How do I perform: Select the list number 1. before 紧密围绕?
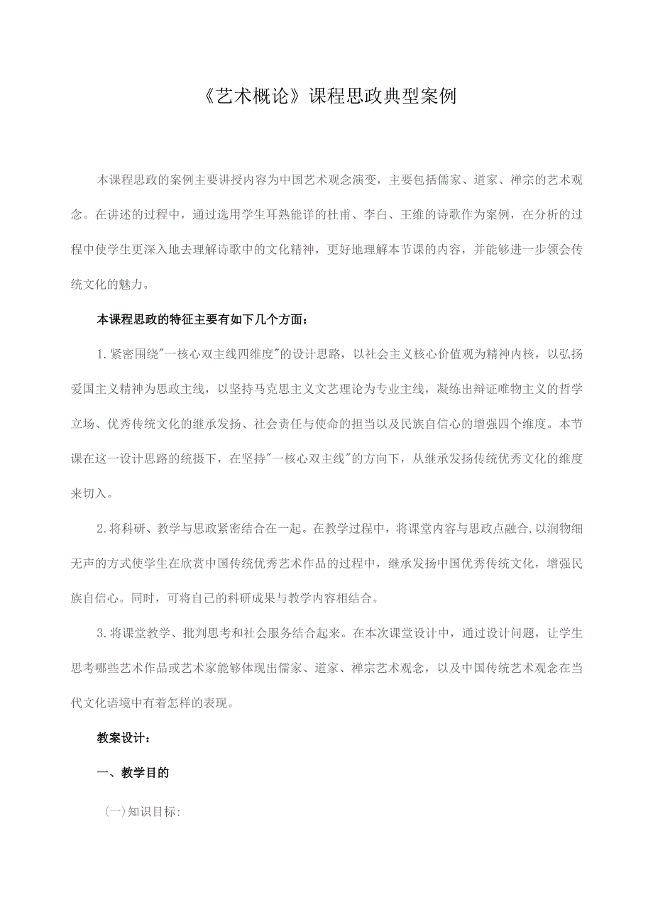click(101, 354)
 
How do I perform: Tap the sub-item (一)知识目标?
click(143, 813)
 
